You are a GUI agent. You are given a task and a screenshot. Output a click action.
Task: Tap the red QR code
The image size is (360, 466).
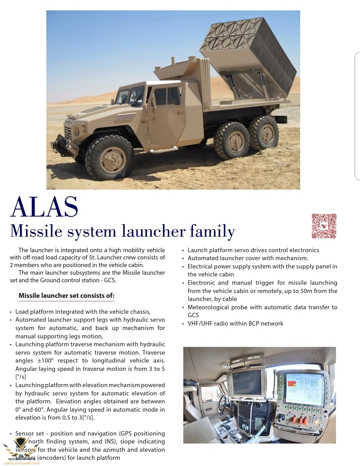pos(324,226)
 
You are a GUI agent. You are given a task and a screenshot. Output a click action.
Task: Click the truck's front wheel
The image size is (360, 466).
pos(110,157)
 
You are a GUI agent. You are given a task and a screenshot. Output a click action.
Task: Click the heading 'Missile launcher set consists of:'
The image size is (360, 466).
pos(66,296)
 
